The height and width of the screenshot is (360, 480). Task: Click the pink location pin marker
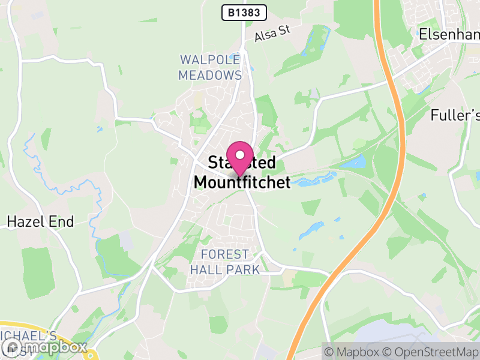tap(240, 157)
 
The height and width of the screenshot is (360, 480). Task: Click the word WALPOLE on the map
tap(210, 60)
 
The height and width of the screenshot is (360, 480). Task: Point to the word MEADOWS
tap(210, 76)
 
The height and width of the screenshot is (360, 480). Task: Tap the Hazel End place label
tap(40, 222)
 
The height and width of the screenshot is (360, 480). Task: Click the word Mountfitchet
tap(242, 182)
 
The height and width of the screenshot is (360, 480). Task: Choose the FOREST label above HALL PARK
tap(225, 254)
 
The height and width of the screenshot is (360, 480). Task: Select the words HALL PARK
tap(225, 269)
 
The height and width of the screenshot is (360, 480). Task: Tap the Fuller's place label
tap(456, 115)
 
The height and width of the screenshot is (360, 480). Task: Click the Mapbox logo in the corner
tap(44, 347)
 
